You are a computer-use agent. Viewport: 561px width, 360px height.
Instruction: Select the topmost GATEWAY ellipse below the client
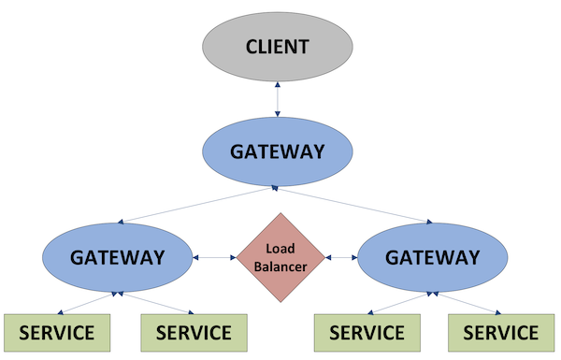coord(277,151)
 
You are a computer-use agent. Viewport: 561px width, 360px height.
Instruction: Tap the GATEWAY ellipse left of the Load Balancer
coord(118,256)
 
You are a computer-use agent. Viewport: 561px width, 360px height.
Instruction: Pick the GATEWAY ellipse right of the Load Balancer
coord(433,256)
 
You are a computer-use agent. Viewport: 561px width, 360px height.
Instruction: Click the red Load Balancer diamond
coord(280,256)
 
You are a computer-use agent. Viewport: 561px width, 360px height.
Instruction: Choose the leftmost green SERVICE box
coord(56,332)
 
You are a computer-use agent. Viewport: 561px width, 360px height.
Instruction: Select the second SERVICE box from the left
coord(193,332)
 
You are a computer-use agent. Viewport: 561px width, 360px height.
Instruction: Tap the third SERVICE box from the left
coord(365,332)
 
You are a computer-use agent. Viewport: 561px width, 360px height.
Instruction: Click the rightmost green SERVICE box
coord(501,332)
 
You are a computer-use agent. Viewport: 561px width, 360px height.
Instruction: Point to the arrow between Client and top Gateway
coord(277,99)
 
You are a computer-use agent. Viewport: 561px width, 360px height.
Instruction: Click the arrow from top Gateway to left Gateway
coord(197,205)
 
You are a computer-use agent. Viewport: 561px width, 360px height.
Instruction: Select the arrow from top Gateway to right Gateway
coord(355,205)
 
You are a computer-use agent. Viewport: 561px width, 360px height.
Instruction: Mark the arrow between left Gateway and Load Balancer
coord(213,256)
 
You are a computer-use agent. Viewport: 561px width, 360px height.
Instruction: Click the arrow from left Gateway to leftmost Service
coord(87,303)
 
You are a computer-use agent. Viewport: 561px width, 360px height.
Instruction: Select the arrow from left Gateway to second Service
coord(153,303)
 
